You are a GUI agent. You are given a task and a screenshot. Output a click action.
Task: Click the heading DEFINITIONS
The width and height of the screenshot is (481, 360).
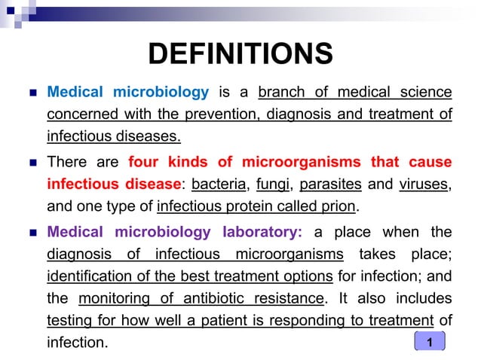click(x=240, y=54)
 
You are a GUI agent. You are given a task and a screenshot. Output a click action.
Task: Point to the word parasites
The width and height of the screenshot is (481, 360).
click(x=328, y=184)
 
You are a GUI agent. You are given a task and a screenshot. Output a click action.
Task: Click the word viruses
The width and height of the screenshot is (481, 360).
click(x=422, y=184)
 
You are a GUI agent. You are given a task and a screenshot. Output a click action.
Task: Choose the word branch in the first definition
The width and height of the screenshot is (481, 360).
click(x=282, y=93)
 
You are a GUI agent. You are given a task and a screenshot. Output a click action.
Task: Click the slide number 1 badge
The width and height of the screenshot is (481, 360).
click(x=430, y=343)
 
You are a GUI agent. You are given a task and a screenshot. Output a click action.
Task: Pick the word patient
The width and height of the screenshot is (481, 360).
click(x=230, y=320)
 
